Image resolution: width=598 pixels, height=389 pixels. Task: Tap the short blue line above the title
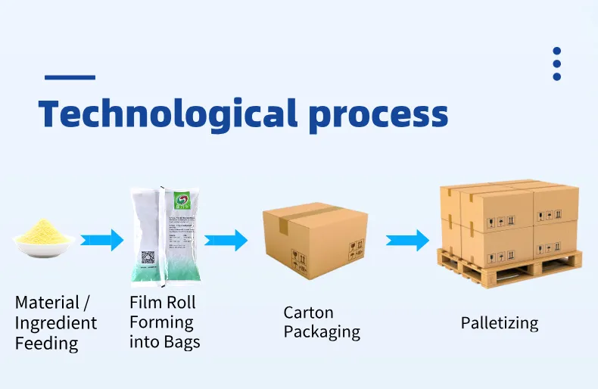70,77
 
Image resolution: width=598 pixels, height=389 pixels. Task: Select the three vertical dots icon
557,64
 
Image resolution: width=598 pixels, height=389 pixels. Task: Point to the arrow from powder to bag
102,240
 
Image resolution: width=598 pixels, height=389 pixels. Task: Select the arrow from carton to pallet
408,240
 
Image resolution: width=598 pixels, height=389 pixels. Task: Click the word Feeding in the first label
46,344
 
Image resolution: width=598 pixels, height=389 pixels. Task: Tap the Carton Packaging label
322,322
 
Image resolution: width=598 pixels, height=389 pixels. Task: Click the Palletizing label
500,323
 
